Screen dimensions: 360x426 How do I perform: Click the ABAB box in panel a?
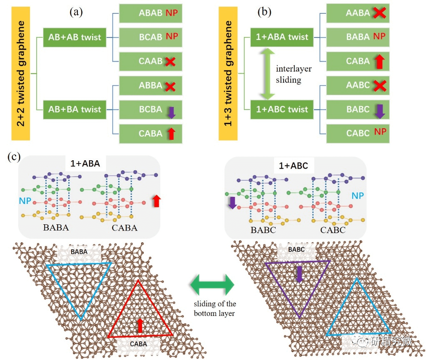(150, 13)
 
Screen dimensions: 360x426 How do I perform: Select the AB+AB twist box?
(75, 37)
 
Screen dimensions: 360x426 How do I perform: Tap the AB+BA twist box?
(75, 109)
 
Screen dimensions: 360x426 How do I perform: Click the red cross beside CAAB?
(169, 62)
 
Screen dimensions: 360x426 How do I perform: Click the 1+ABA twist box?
(282, 37)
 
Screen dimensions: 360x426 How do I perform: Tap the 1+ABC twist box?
(282, 109)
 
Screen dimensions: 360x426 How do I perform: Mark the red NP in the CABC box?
(380, 132)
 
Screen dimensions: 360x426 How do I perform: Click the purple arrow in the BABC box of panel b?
(379, 111)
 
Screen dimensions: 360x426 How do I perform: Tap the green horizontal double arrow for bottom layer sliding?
(212, 286)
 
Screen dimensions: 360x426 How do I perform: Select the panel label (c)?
(13, 157)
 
